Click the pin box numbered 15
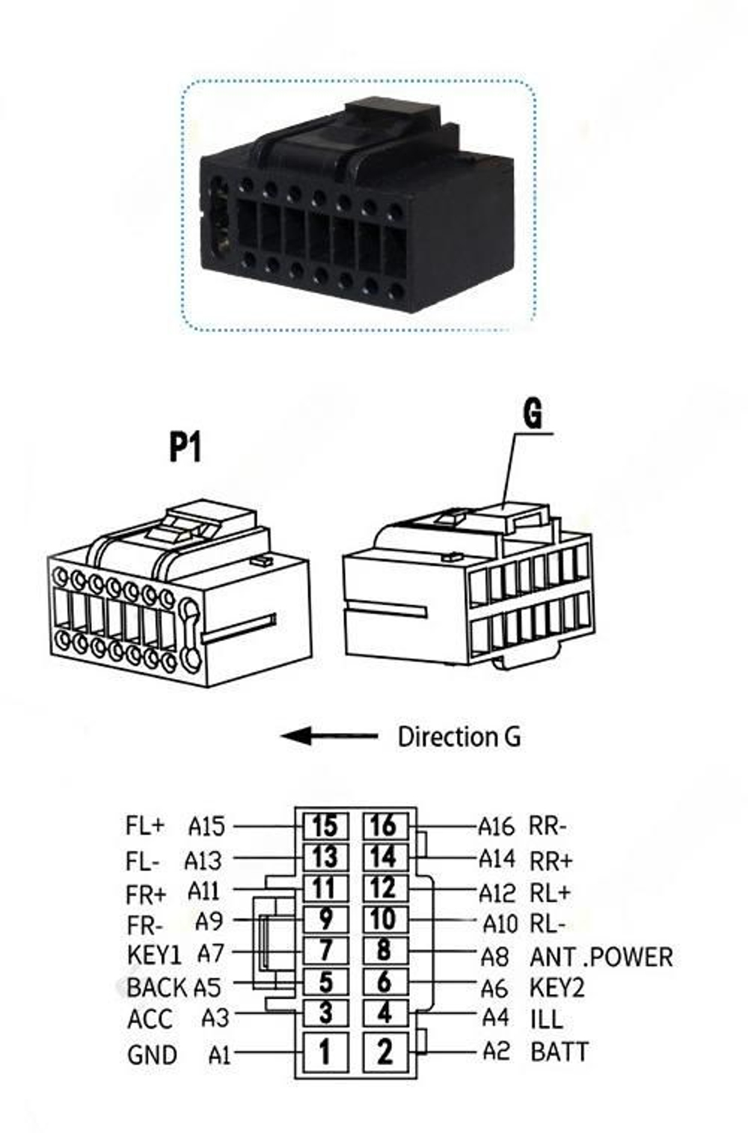pos(325,826)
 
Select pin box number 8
pos(385,950)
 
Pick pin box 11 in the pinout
pos(325,888)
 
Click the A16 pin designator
pos(497,826)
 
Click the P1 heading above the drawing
pos(185,447)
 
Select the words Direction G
pos(459,737)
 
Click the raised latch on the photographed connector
pos(391,114)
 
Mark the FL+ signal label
pos(145,826)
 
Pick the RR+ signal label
pos(551,860)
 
